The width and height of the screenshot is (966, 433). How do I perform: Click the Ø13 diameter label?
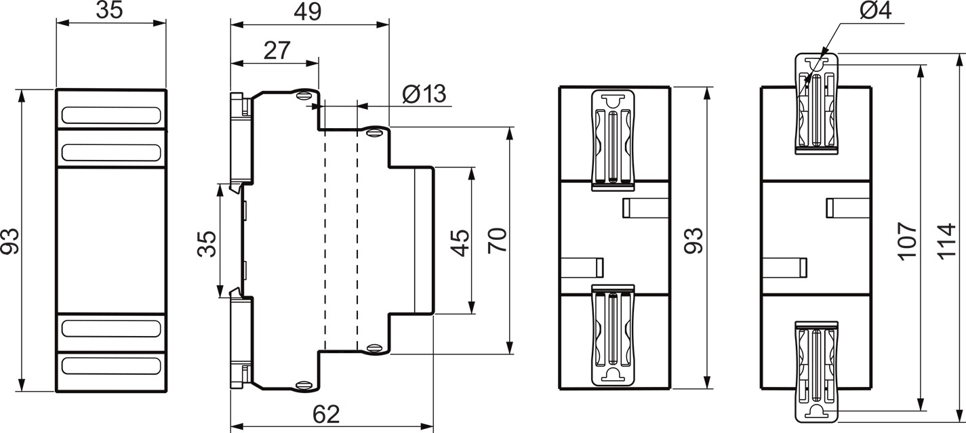click(424, 94)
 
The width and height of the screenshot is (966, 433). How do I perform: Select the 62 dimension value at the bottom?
click(327, 413)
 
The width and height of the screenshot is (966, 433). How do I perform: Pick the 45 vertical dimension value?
click(460, 242)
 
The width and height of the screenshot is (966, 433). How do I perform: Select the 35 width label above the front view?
click(109, 12)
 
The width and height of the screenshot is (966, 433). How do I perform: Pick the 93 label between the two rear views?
click(693, 240)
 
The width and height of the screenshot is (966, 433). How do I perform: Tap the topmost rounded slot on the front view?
click(111, 115)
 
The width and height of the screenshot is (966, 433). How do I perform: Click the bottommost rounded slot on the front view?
click(111, 367)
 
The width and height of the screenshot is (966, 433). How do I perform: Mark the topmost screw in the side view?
click(304, 95)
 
